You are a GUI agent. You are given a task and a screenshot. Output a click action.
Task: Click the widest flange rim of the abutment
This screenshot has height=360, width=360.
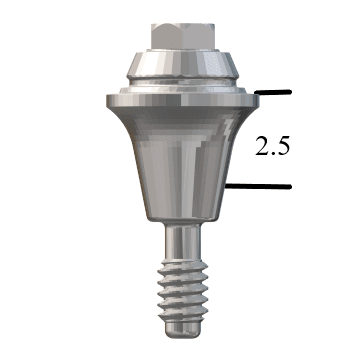point(181,99)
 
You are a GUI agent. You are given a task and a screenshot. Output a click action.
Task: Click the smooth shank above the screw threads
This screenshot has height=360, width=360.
point(180,240)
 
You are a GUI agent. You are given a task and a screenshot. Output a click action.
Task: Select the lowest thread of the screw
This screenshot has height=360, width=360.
point(180,311)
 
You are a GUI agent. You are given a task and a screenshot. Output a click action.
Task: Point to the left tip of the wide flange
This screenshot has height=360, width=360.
point(106,99)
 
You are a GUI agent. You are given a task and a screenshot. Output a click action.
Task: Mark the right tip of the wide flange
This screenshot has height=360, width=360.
point(255,99)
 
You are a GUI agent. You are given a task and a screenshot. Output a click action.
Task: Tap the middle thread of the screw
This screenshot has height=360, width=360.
point(180,289)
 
